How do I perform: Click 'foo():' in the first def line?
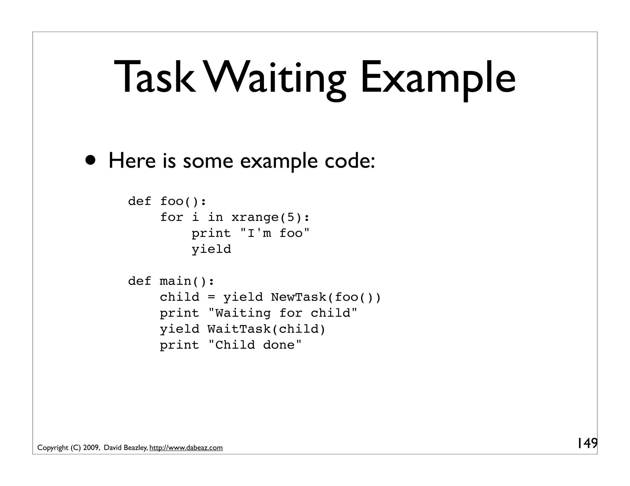point(183,202)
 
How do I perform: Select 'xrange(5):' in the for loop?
point(270,218)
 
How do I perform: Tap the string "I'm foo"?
point(274,233)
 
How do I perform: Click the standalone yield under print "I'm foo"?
point(211,249)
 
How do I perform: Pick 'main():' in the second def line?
point(187,281)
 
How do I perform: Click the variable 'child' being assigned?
point(179,297)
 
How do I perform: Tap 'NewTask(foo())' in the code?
point(326,297)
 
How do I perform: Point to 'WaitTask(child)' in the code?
point(266,329)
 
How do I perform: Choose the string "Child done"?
point(255,345)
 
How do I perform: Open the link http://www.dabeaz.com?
point(186,448)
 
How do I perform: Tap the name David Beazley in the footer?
point(126,448)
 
